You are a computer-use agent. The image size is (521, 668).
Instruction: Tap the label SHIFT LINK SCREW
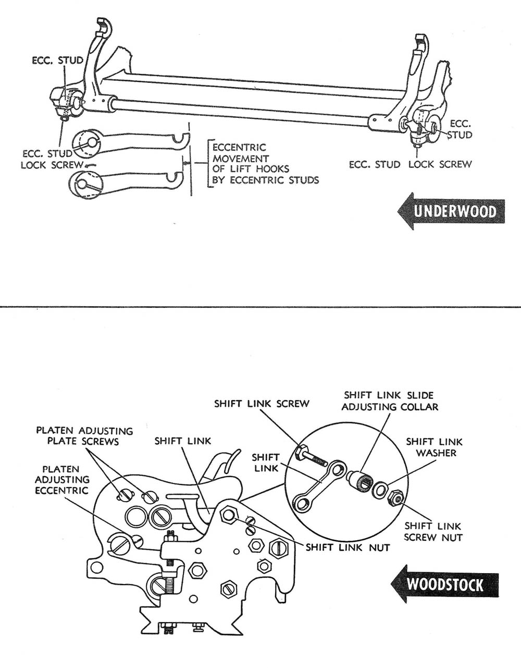pyautogui.click(x=262, y=404)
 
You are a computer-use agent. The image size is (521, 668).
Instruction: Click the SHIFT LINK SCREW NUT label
pyautogui.click(x=433, y=531)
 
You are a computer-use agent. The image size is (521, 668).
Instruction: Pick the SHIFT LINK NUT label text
pyautogui.click(x=348, y=547)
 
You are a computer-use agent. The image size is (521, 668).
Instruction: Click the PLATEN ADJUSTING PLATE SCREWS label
pyautogui.click(x=84, y=436)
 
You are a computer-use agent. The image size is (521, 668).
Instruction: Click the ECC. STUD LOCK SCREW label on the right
pyautogui.click(x=410, y=164)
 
